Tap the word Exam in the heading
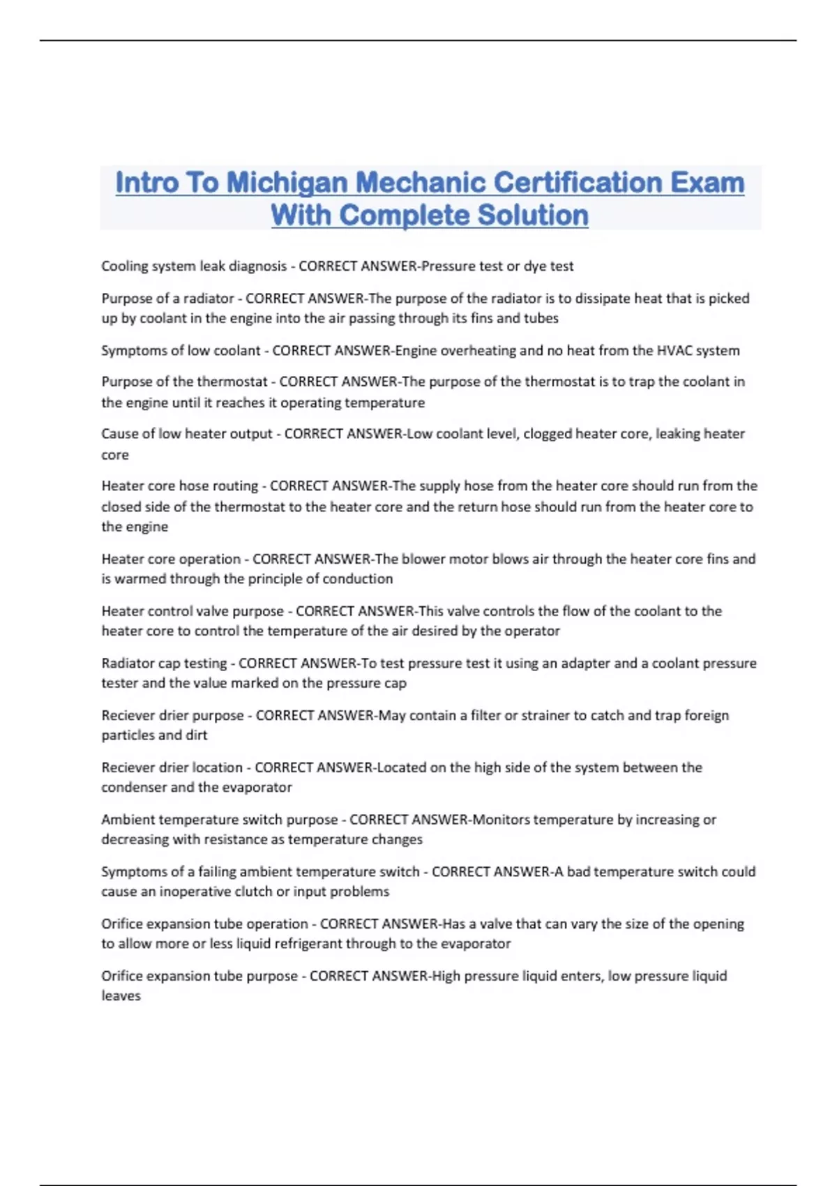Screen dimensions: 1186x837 pyautogui.click(x=707, y=183)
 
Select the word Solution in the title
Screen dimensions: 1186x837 pyautogui.click(x=534, y=216)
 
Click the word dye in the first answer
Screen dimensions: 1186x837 pyautogui.click(x=534, y=267)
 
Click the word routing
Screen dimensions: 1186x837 pyautogui.click(x=237, y=486)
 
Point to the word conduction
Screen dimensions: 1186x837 pyautogui.click(x=356, y=579)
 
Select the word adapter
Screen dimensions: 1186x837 pyautogui.click(x=585, y=663)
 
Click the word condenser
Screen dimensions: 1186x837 pyautogui.click(x=133, y=788)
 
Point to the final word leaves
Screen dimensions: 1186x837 pyautogui.click(x=121, y=996)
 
